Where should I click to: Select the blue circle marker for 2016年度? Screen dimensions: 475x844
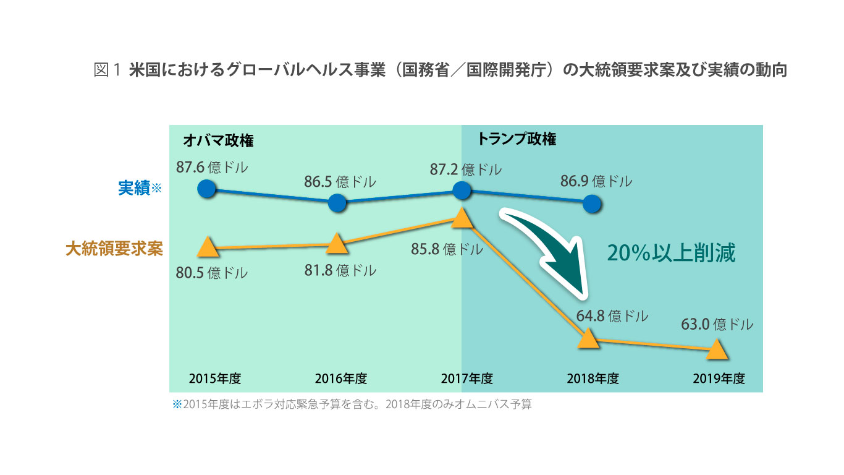coord(337,202)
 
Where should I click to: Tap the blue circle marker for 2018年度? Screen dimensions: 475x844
coord(591,203)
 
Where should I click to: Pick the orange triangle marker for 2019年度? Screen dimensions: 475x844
coord(717,349)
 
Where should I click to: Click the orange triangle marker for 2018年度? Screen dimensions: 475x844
coord(588,338)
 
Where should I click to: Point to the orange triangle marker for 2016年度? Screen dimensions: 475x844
coord(336,244)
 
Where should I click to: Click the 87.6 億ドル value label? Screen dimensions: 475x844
coord(212,168)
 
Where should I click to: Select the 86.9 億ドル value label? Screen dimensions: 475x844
coord(596,181)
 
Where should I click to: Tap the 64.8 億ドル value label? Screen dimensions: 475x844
coord(612,315)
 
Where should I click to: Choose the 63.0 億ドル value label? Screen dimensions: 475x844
coord(717,324)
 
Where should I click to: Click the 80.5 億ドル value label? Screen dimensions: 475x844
coord(212,273)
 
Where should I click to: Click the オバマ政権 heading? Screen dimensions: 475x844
coord(219,140)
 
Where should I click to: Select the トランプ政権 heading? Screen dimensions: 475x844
coord(517,139)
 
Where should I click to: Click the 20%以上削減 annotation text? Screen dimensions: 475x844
coord(671,253)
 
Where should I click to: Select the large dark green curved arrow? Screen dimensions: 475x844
coord(550,247)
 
